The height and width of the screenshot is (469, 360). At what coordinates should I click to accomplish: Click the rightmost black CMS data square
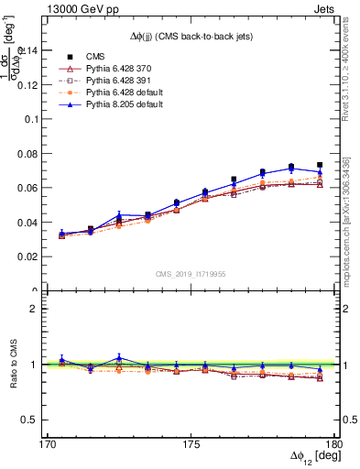(x=320, y=165)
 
